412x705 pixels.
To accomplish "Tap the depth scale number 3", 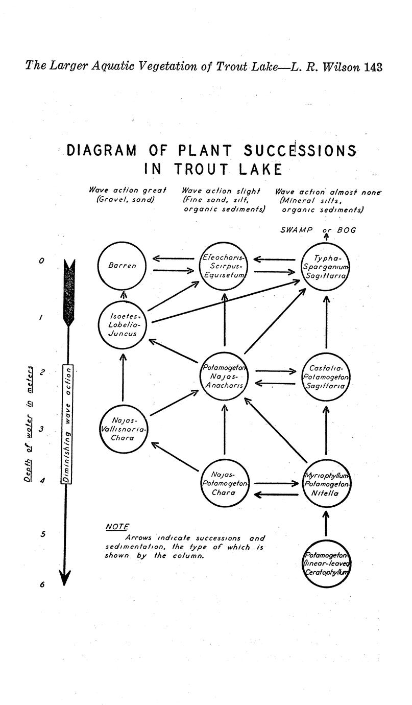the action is tap(41, 429).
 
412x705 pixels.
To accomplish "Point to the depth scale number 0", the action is tap(41, 261).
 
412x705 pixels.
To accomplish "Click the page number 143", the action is tap(373, 67).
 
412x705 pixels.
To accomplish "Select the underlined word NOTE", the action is tap(117, 527).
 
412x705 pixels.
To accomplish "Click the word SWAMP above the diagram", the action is tap(296, 230).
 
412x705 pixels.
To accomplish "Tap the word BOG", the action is tap(347, 230).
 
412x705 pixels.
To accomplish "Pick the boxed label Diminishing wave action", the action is tap(66, 424).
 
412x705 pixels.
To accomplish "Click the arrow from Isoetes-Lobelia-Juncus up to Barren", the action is tap(124, 295).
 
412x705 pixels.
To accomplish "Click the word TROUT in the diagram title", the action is tap(201, 169).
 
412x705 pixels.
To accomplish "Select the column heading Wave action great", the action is tap(127, 190).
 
